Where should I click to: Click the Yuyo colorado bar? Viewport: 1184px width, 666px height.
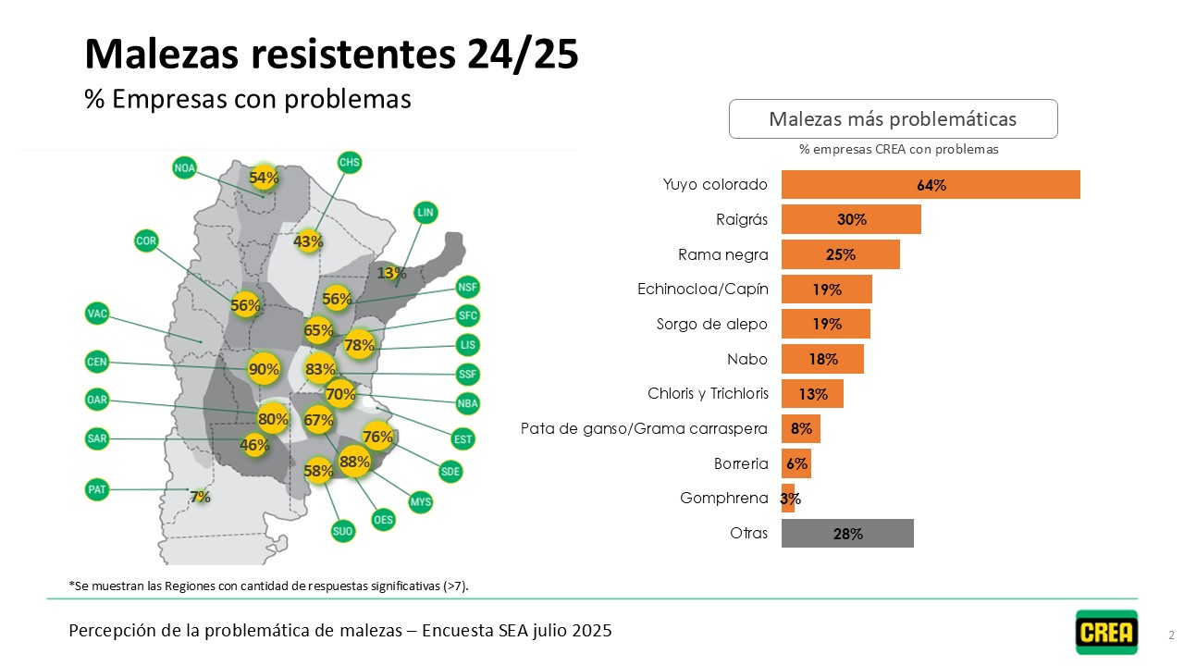(x=931, y=185)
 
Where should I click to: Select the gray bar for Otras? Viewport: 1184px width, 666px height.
(x=847, y=534)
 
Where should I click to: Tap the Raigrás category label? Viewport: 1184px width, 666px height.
(x=742, y=220)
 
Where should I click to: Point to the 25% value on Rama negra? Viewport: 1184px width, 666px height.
(x=841, y=255)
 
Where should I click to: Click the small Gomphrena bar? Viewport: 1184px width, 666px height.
(x=788, y=499)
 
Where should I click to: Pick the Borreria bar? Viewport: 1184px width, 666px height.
(x=796, y=463)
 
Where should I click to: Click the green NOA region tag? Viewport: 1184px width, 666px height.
(x=185, y=167)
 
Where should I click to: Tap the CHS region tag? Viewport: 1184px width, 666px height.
(x=350, y=163)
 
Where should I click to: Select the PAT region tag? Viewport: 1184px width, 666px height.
(x=97, y=489)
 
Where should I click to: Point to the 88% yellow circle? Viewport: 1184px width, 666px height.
(x=354, y=461)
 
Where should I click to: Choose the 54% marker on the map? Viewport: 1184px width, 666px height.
(x=264, y=178)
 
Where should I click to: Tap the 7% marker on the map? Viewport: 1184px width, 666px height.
(x=200, y=497)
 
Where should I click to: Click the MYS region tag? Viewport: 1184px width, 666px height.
(x=421, y=502)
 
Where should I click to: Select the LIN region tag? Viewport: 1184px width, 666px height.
(x=425, y=212)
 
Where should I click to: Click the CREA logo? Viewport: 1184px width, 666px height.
(x=1106, y=632)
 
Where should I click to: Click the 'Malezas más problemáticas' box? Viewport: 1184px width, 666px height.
(x=893, y=119)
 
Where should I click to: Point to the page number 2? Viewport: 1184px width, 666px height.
(x=1171, y=635)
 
